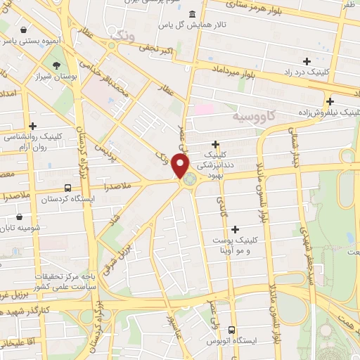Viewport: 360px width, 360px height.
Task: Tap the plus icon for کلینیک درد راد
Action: pyautogui.click(x=307, y=60)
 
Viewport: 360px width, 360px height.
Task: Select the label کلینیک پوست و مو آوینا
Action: pyautogui.click(x=235, y=245)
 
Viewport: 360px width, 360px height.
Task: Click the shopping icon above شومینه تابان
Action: pyautogui.click(x=19, y=217)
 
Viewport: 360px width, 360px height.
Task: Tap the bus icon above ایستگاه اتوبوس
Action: pyautogui.click(x=231, y=330)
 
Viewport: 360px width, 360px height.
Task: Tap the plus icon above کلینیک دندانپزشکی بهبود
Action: pyautogui.click(x=216, y=143)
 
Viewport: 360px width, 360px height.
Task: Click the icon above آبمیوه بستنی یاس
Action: pyautogui.click(x=25, y=31)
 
